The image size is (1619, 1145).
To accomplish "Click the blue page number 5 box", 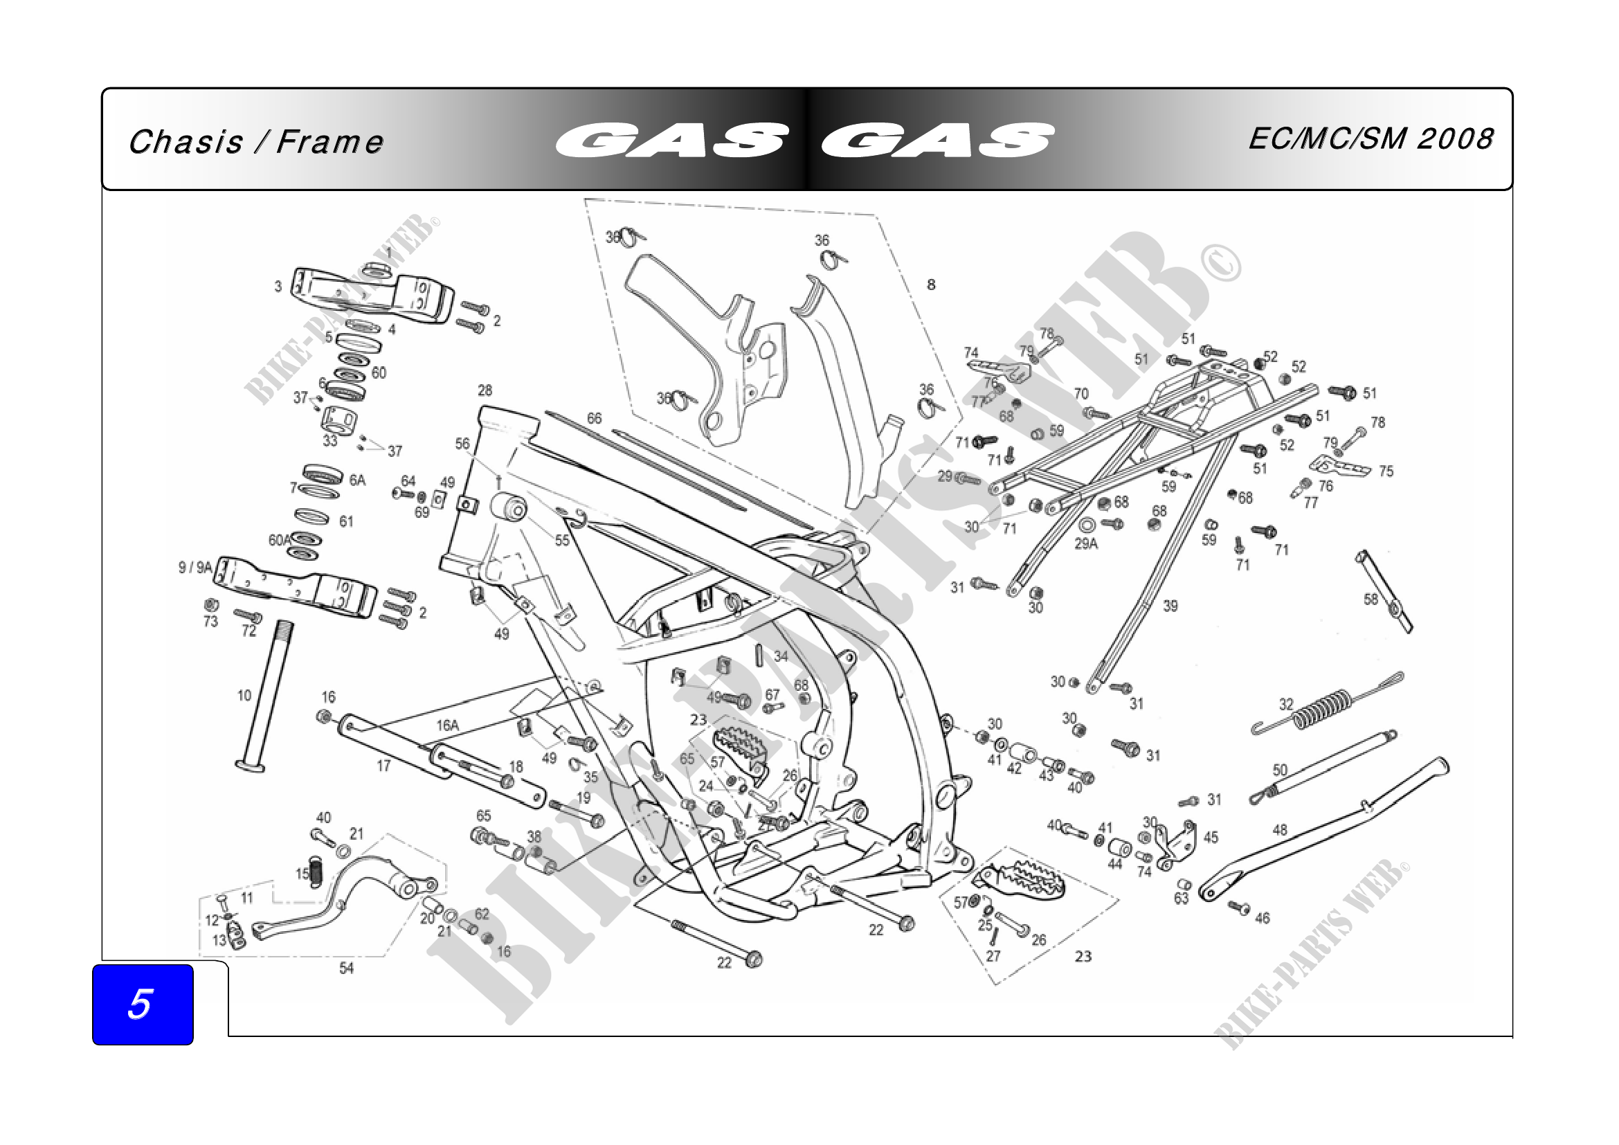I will click(x=143, y=1004).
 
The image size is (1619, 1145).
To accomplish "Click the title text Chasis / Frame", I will click(x=256, y=142).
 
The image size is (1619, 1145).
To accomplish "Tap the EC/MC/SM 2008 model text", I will click(x=1371, y=139).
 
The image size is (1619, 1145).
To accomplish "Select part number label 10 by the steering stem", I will click(x=244, y=696).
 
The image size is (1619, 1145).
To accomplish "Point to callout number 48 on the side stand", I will click(x=1280, y=830).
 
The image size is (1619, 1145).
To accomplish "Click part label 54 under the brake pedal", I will click(x=346, y=968).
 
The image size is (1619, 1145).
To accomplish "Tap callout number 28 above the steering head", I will click(x=485, y=390).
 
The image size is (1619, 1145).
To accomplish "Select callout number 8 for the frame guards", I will click(x=931, y=285).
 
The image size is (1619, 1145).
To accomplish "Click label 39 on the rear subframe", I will click(x=1170, y=606).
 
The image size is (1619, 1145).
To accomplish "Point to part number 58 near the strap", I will click(x=1371, y=599).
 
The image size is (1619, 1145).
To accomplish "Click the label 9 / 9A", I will click(x=195, y=567).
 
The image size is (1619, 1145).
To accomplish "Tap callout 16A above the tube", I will click(x=447, y=725).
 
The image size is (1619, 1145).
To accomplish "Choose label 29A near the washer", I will click(x=1086, y=543).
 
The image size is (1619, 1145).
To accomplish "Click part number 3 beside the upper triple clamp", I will click(x=278, y=287).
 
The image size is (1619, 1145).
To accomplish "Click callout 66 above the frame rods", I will click(x=595, y=419).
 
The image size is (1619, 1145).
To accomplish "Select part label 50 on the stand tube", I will click(x=1280, y=770).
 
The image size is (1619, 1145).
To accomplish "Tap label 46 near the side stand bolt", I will click(x=1263, y=918).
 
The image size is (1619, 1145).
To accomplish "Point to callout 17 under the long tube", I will click(x=383, y=766).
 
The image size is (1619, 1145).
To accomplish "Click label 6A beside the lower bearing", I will click(x=357, y=480).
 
